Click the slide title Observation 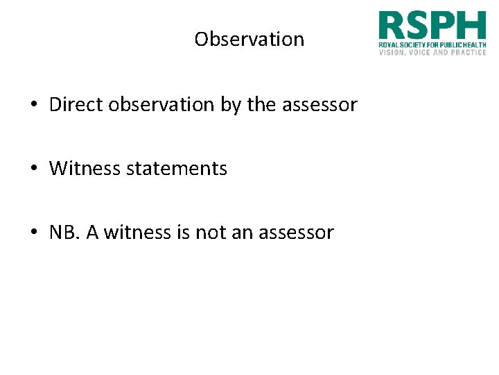249,39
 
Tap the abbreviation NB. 64,233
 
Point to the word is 183,233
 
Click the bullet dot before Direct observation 33,106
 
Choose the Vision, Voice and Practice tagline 432,52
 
